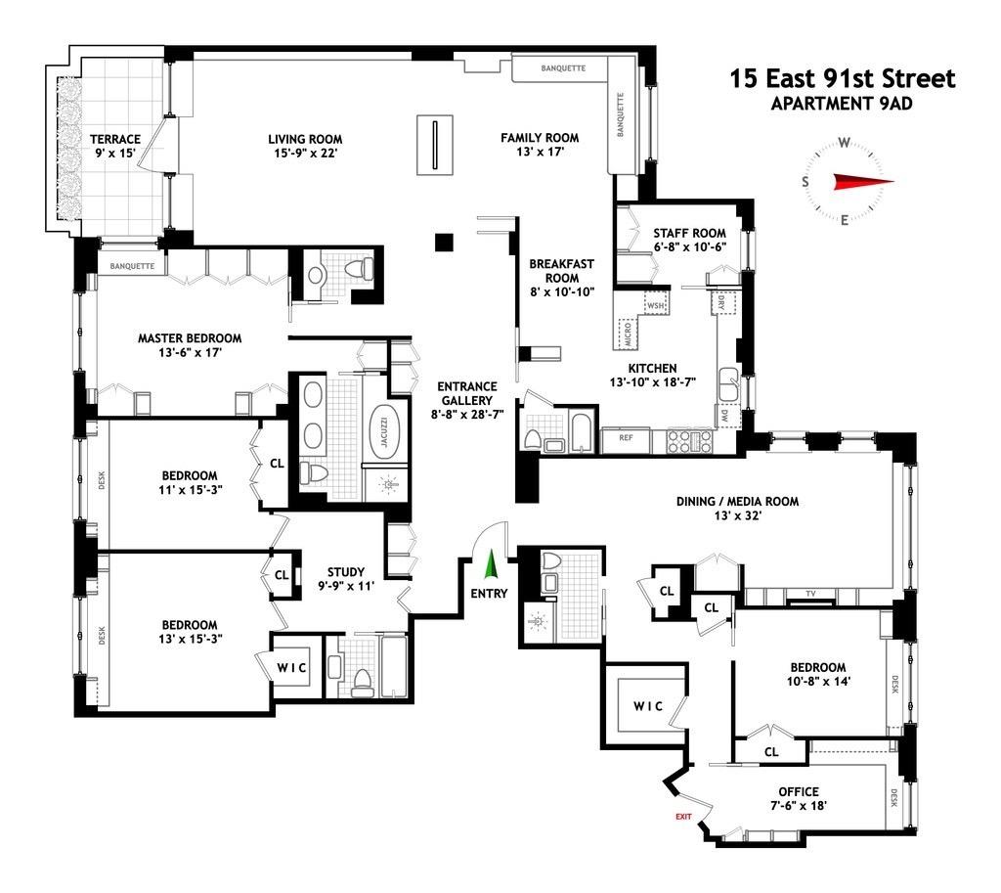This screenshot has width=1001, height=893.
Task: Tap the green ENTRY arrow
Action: click(x=491, y=567)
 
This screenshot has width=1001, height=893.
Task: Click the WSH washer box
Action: click(x=656, y=305)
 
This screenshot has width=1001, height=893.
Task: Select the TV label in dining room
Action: click(x=810, y=594)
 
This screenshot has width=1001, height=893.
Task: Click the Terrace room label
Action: click(x=115, y=146)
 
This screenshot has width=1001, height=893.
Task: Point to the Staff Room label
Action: click(x=689, y=240)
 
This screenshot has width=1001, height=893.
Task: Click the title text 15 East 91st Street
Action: click(x=842, y=78)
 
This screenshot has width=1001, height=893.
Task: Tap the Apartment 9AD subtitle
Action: click(x=842, y=103)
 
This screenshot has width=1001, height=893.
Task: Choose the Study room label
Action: click(x=346, y=579)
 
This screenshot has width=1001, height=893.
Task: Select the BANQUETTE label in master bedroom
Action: click(x=133, y=266)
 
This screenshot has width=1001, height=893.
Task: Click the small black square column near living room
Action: click(x=446, y=241)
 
